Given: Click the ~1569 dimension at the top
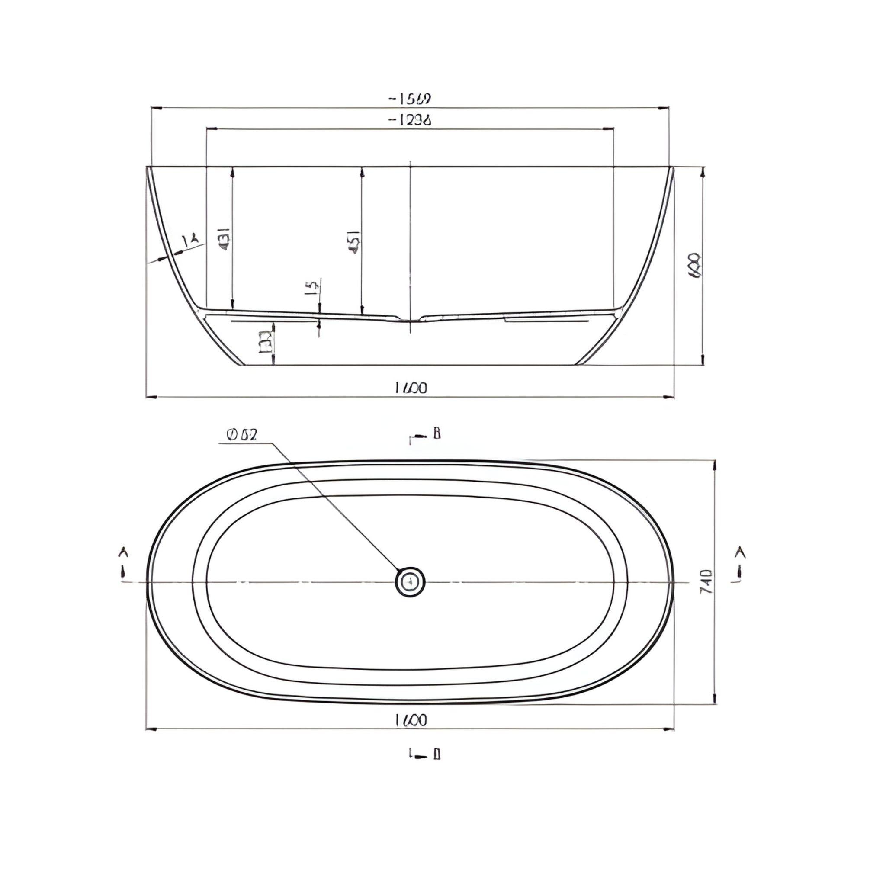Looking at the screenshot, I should click(x=410, y=99).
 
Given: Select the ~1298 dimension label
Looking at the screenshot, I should click(x=410, y=120).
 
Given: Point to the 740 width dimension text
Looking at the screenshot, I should click(x=706, y=582).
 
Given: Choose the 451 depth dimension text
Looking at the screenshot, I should click(x=354, y=242).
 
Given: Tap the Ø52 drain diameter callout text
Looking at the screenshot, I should click(x=242, y=434).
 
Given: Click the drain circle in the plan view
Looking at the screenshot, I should click(x=410, y=582).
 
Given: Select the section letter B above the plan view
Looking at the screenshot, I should click(x=437, y=433).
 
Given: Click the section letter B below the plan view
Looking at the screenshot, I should click(x=437, y=754).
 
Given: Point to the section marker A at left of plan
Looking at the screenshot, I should click(x=123, y=553).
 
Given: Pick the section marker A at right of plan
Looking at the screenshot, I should click(x=739, y=553).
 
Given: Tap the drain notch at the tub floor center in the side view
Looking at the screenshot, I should click(x=410, y=318).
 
